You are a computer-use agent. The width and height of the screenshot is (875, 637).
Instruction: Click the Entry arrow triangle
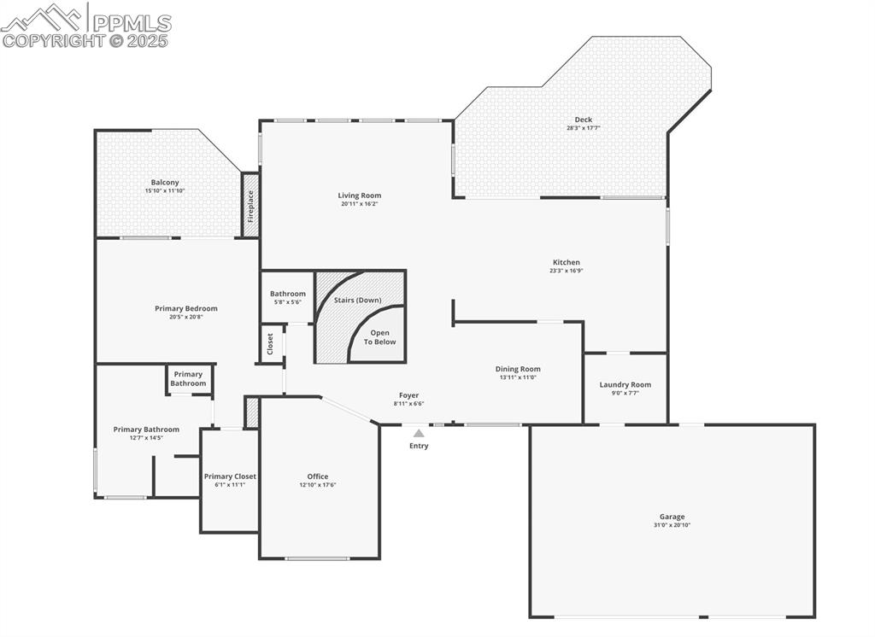point(419,433)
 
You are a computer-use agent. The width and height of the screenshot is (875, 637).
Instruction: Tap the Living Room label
point(360,196)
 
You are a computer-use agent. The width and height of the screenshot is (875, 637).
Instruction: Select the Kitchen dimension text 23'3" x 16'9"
point(567,271)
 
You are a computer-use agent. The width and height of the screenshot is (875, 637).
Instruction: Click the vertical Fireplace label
point(250,206)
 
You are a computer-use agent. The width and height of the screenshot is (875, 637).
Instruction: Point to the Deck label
point(584,120)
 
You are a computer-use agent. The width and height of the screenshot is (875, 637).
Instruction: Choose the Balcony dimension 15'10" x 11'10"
point(165,190)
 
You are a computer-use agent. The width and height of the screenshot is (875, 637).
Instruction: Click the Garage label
point(672,517)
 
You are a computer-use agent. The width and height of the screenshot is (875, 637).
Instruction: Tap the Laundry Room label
point(625,385)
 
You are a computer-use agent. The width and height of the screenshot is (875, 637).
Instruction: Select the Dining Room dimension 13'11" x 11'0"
point(518,377)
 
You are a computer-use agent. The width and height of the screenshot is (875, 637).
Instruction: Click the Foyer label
point(409,395)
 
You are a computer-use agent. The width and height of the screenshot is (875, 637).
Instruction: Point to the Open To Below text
point(380,337)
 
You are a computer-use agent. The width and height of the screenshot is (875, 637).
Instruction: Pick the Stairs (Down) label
point(358,300)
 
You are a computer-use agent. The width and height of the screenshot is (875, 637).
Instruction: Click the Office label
point(318,476)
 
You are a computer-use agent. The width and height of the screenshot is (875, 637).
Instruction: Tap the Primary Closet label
point(230,476)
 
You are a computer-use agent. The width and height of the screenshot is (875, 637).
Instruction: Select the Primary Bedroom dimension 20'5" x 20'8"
point(185,318)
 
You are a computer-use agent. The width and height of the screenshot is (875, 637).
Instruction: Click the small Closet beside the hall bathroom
point(271,344)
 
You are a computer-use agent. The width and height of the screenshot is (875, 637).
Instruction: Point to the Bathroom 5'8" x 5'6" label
point(288,297)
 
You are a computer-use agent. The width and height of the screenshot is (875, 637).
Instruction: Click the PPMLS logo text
point(132,23)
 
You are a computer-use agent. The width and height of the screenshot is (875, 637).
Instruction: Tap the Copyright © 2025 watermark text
point(85,41)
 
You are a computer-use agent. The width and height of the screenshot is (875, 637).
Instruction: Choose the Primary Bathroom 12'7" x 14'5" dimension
point(146,438)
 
